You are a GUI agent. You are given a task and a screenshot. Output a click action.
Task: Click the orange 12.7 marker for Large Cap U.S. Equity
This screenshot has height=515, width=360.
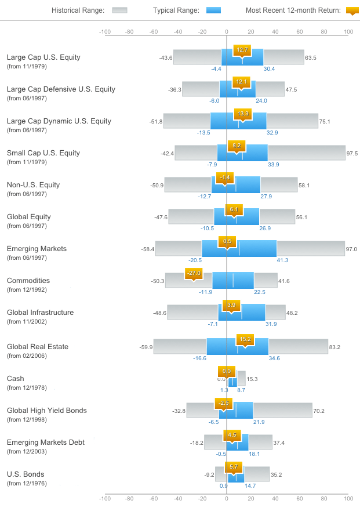click(x=242, y=50)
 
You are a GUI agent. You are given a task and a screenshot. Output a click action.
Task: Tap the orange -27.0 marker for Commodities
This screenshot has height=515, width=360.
click(x=193, y=273)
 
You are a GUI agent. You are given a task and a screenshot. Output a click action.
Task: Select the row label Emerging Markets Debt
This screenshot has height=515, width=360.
click(x=46, y=443)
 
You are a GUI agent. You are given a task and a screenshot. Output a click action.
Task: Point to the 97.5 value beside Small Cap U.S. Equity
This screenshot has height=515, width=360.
click(x=352, y=153)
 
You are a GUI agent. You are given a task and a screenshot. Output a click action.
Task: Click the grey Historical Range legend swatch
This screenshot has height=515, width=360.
click(x=119, y=10)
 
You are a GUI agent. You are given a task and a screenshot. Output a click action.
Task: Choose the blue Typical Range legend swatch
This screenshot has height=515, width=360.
click(x=213, y=10)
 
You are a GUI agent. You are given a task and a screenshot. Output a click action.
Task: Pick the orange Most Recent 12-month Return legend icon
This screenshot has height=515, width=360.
click(x=352, y=10)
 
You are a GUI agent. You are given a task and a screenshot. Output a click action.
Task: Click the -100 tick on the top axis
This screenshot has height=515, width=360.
click(x=105, y=32)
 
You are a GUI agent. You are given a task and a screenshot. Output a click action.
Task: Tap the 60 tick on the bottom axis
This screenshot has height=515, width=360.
click(x=299, y=498)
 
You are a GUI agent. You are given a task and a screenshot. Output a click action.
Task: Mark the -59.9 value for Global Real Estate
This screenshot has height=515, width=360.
click(x=146, y=347)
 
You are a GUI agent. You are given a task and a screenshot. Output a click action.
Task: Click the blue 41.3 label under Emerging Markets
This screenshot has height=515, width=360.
click(x=282, y=260)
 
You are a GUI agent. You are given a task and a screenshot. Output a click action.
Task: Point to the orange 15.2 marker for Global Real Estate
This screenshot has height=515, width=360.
click(x=245, y=339)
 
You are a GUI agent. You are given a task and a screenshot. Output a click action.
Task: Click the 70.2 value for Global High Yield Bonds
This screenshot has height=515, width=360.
click(x=319, y=411)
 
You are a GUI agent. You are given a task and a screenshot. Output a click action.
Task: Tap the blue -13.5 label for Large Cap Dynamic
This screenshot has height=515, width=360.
click(x=203, y=133)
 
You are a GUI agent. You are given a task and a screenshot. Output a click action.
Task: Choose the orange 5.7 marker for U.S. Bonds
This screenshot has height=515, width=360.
click(x=234, y=467)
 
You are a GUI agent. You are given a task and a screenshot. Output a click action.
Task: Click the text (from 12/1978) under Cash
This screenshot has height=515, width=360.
click(x=27, y=387)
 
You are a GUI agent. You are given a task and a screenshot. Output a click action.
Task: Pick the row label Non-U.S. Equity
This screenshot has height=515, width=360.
click(x=33, y=185)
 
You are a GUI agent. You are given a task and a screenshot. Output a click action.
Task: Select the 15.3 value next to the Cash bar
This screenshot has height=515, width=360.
click(x=252, y=379)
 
